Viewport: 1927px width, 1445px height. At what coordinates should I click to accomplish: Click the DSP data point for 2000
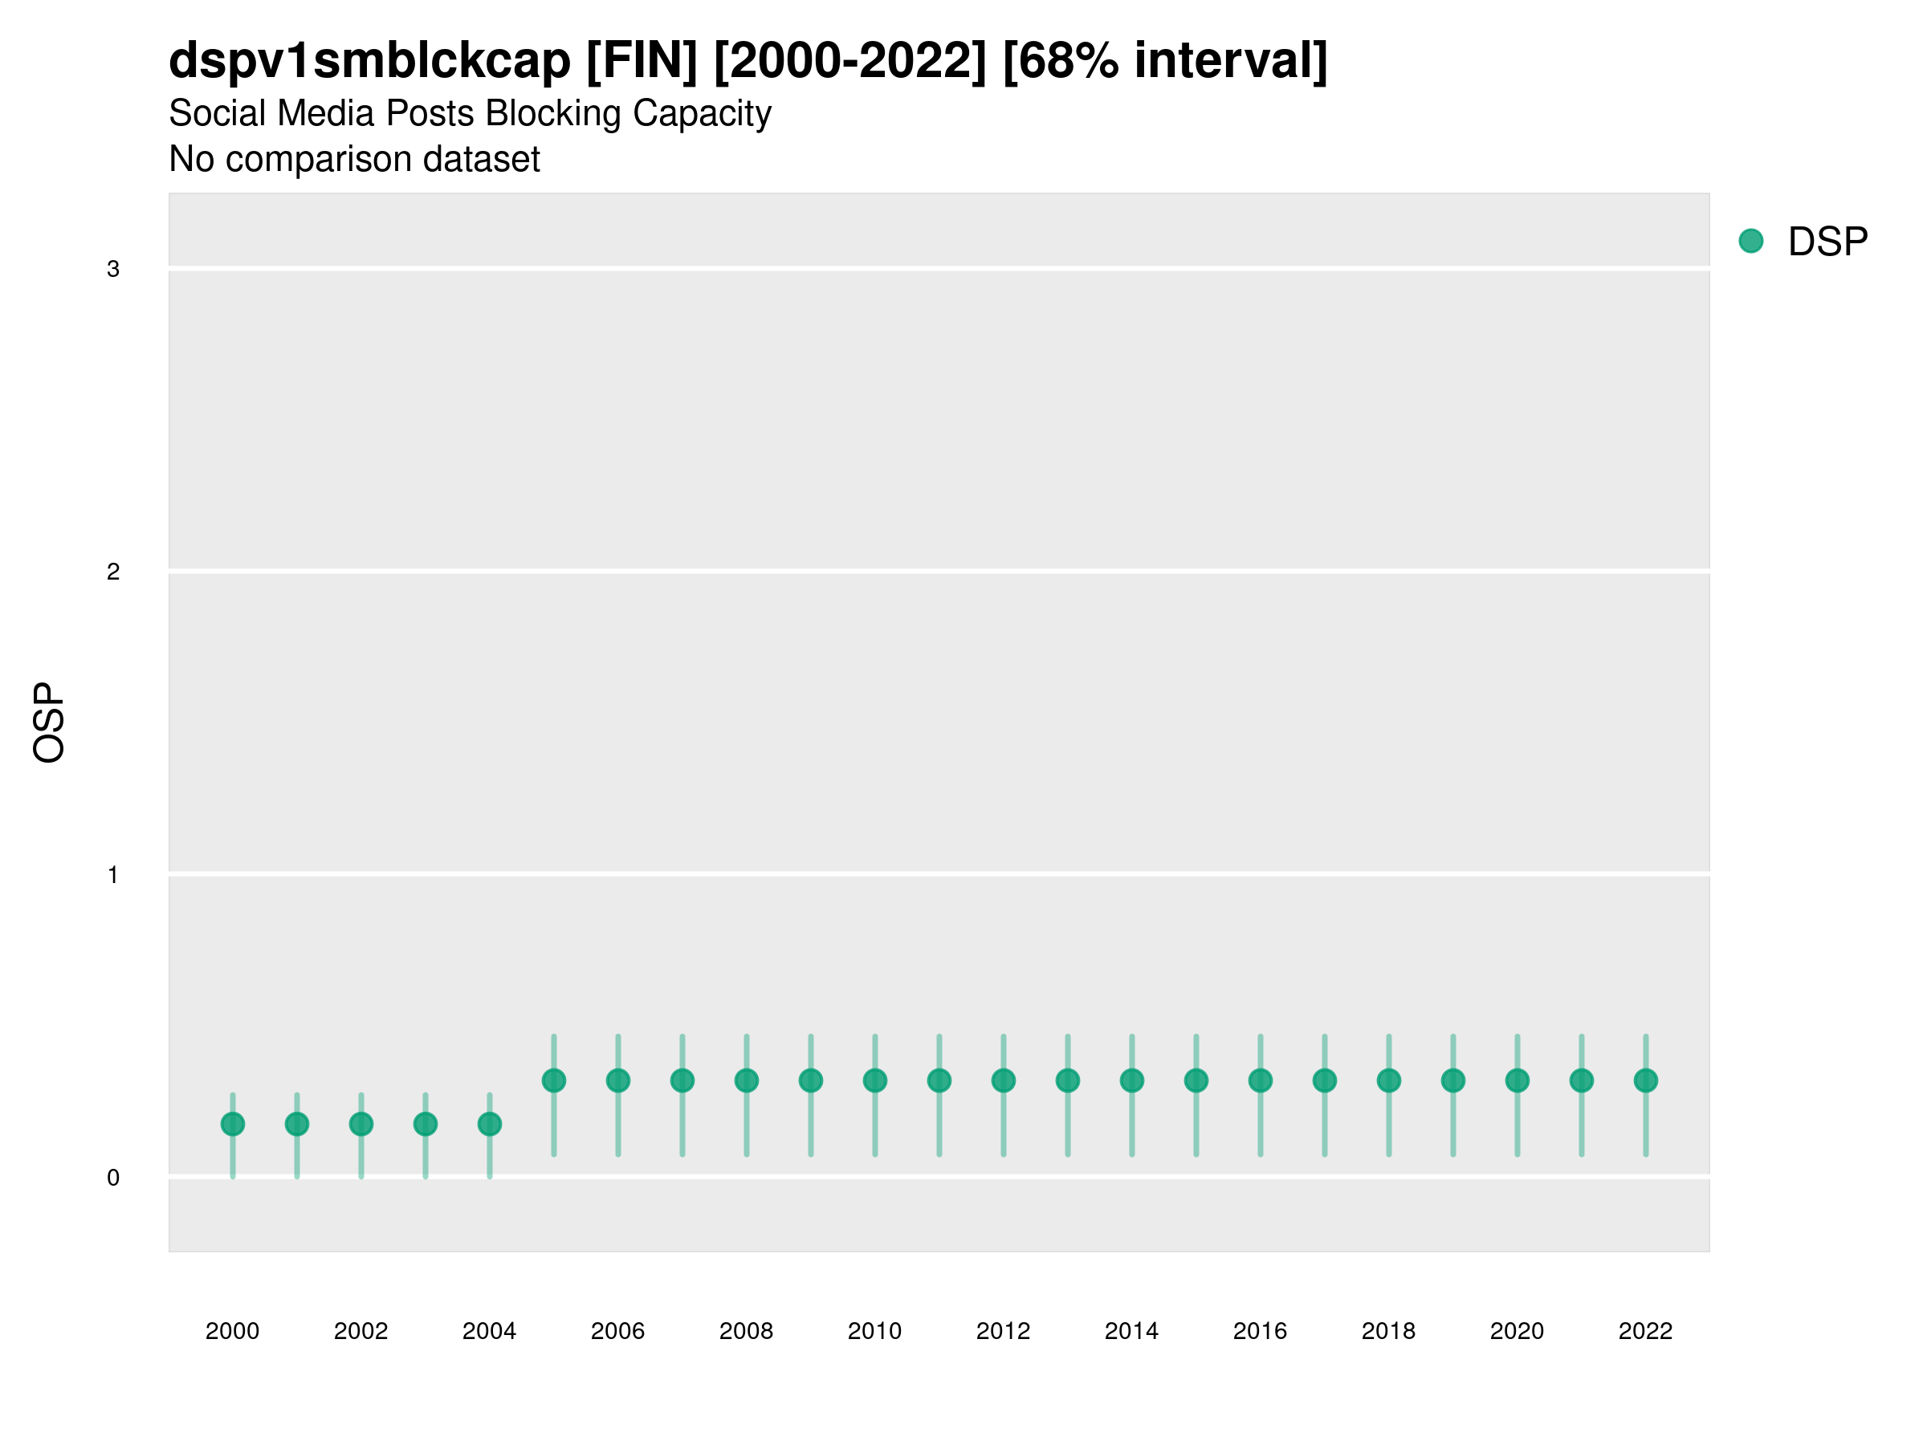(233, 1125)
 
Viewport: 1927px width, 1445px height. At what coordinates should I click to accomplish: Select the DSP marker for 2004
(490, 1125)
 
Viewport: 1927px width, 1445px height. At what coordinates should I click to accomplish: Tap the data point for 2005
(554, 1081)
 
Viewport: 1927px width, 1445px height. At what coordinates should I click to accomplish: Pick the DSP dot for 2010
(875, 1081)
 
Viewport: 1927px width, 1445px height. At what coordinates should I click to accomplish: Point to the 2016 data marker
(1261, 1081)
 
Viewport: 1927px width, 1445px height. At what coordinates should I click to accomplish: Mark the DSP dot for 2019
(1453, 1081)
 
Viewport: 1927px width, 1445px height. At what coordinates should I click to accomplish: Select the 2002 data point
(361, 1125)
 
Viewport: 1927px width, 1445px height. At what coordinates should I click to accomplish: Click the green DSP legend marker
(1751, 242)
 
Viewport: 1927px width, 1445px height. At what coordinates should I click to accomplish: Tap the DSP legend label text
(1827, 242)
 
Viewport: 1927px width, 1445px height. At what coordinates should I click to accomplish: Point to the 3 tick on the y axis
(113, 269)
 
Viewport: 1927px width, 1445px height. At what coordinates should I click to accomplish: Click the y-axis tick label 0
(113, 1178)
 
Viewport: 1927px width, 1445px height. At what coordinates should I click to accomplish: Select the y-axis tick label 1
(113, 875)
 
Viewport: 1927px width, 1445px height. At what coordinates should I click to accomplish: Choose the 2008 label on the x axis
(747, 1332)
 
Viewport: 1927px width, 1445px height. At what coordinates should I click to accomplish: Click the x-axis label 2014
(1131, 1332)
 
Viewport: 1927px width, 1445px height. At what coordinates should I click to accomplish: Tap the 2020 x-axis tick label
(1517, 1332)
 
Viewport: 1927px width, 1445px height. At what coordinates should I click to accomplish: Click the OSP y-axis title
(49, 723)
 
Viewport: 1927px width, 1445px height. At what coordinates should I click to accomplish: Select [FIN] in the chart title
(642, 61)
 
